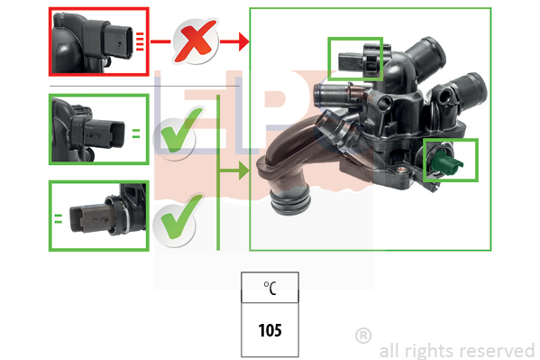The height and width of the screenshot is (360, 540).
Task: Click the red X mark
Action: [196, 41]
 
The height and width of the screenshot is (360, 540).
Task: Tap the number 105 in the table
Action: [270, 330]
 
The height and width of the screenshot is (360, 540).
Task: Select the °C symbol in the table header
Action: [270, 288]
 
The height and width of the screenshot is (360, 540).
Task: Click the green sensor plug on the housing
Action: [445, 162]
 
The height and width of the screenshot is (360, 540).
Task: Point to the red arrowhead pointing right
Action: [243, 42]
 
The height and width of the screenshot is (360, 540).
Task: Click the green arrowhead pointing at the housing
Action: [243, 171]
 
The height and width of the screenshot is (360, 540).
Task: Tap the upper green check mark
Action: [182, 130]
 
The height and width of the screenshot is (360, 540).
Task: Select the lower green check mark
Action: [182, 217]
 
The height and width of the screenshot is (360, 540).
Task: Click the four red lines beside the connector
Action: [140, 42]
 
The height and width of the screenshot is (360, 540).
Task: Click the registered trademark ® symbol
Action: [363, 336]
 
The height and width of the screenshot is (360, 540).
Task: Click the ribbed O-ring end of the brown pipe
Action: [289, 202]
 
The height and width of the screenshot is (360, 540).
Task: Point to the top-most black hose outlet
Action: [426, 55]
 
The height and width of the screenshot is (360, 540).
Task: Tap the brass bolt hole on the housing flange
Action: [401, 170]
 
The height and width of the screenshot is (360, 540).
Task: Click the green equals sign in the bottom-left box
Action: [59, 218]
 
